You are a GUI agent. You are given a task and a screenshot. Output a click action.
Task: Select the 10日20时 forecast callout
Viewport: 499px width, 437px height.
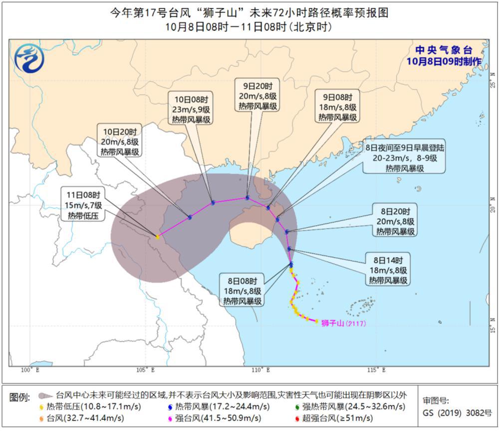point(120,142)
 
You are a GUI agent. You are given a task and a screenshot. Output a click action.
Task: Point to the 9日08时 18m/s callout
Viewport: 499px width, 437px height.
point(337,107)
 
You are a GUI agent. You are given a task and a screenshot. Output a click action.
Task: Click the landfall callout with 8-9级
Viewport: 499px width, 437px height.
point(404,158)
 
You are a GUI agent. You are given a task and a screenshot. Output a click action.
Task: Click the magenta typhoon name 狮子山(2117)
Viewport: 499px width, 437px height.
point(344,323)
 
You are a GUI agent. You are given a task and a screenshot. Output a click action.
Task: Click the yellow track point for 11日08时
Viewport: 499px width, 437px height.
point(158,237)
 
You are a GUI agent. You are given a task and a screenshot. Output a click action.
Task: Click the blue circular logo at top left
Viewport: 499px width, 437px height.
point(29,58)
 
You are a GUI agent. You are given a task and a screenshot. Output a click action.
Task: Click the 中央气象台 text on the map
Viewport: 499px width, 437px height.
point(444,50)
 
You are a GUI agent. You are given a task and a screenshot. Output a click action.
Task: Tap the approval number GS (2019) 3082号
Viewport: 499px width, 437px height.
point(457,413)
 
